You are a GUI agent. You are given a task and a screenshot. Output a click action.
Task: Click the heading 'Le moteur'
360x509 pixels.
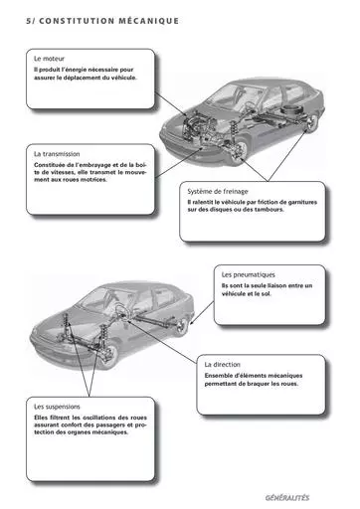click(x=49, y=59)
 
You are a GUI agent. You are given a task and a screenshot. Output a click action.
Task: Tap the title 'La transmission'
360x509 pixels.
click(x=57, y=154)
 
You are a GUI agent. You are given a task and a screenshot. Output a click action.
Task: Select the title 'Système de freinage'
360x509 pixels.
click(x=218, y=191)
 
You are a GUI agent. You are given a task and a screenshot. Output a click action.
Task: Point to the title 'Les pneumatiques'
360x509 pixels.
click(x=248, y=274)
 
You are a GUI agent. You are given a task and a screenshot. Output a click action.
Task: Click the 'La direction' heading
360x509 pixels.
click(x=222, y=365)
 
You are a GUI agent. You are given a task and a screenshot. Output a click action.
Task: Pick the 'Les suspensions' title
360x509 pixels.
click(x=57, y=407)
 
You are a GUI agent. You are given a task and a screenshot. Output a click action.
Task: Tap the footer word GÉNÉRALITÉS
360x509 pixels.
click(x=287, y=498)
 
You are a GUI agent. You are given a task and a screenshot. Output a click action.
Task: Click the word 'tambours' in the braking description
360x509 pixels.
click(x=269, y=210)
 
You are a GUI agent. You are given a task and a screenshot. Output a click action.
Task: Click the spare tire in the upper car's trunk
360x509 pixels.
click(x=290, y=111)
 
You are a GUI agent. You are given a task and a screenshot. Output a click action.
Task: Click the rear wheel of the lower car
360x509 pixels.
click(x=181, y=326)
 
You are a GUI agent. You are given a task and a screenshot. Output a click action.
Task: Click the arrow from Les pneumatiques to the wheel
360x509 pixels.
click(x=202, y=313)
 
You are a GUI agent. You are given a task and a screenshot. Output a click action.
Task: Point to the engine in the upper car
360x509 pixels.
click(x=196, y=125)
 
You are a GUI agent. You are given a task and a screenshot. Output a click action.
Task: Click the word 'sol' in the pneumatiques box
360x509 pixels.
click(x=266, y=293)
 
